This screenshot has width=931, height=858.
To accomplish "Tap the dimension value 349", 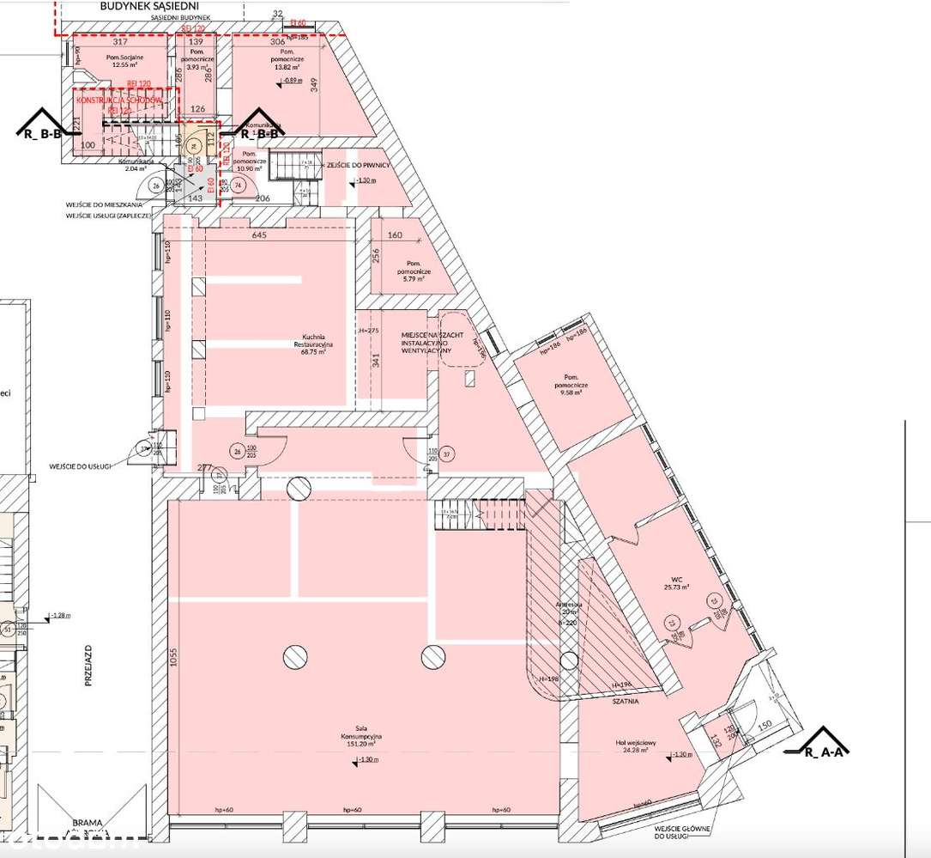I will tap(314, 84).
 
